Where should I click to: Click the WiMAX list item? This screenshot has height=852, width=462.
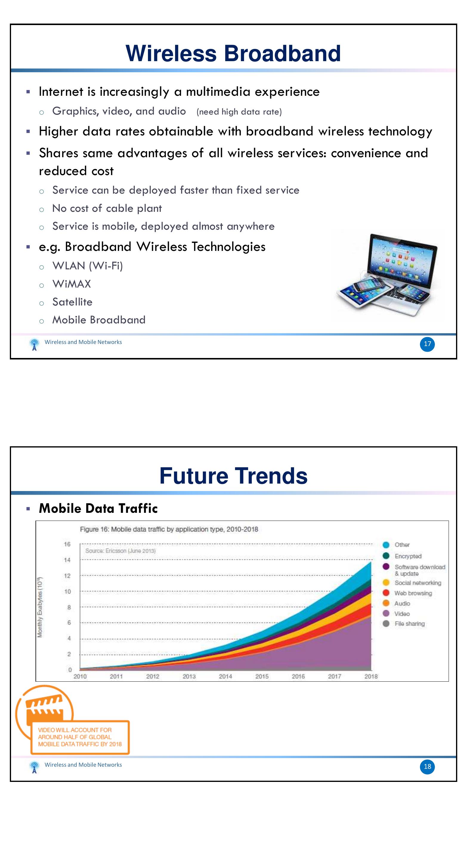click(x=72, y=284)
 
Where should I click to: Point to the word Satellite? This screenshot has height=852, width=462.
click(x=72, y=302)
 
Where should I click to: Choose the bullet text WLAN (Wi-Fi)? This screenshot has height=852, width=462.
click(x=88, y=266)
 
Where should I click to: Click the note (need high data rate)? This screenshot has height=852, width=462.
click(x=239, y=112)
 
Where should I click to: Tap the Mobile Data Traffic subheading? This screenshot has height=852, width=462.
click(x=98, y=508)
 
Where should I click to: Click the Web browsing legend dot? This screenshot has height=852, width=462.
click(x=386, y=593)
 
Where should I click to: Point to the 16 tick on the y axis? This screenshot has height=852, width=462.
click(x=67, y=544)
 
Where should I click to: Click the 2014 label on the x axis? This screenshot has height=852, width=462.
click(x=225, y=676)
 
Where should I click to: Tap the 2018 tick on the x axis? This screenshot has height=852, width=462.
click(x=371, y=676)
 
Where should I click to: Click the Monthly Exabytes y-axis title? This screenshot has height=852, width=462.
click(x=40, y=607)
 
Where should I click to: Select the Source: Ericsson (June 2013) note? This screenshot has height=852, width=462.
click(x=120, y=551)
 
